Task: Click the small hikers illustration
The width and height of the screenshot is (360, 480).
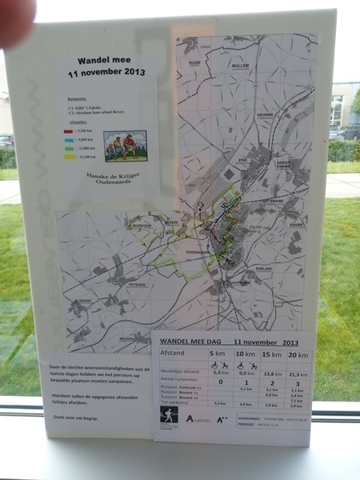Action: click(x=126, y=145)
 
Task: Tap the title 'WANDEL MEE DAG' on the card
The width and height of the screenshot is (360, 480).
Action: click(x=189, y=339)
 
